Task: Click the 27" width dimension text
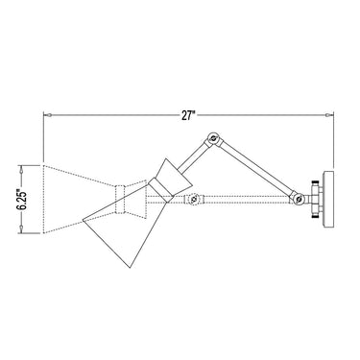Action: (189, 115)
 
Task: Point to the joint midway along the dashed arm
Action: (195, 202)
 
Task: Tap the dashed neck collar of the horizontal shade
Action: (122, 200)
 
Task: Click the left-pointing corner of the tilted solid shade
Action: (84, 214)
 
